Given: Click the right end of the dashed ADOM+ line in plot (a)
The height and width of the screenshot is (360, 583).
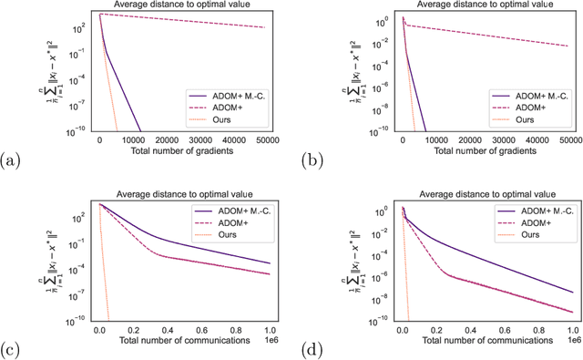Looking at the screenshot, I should pos(265,27).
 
